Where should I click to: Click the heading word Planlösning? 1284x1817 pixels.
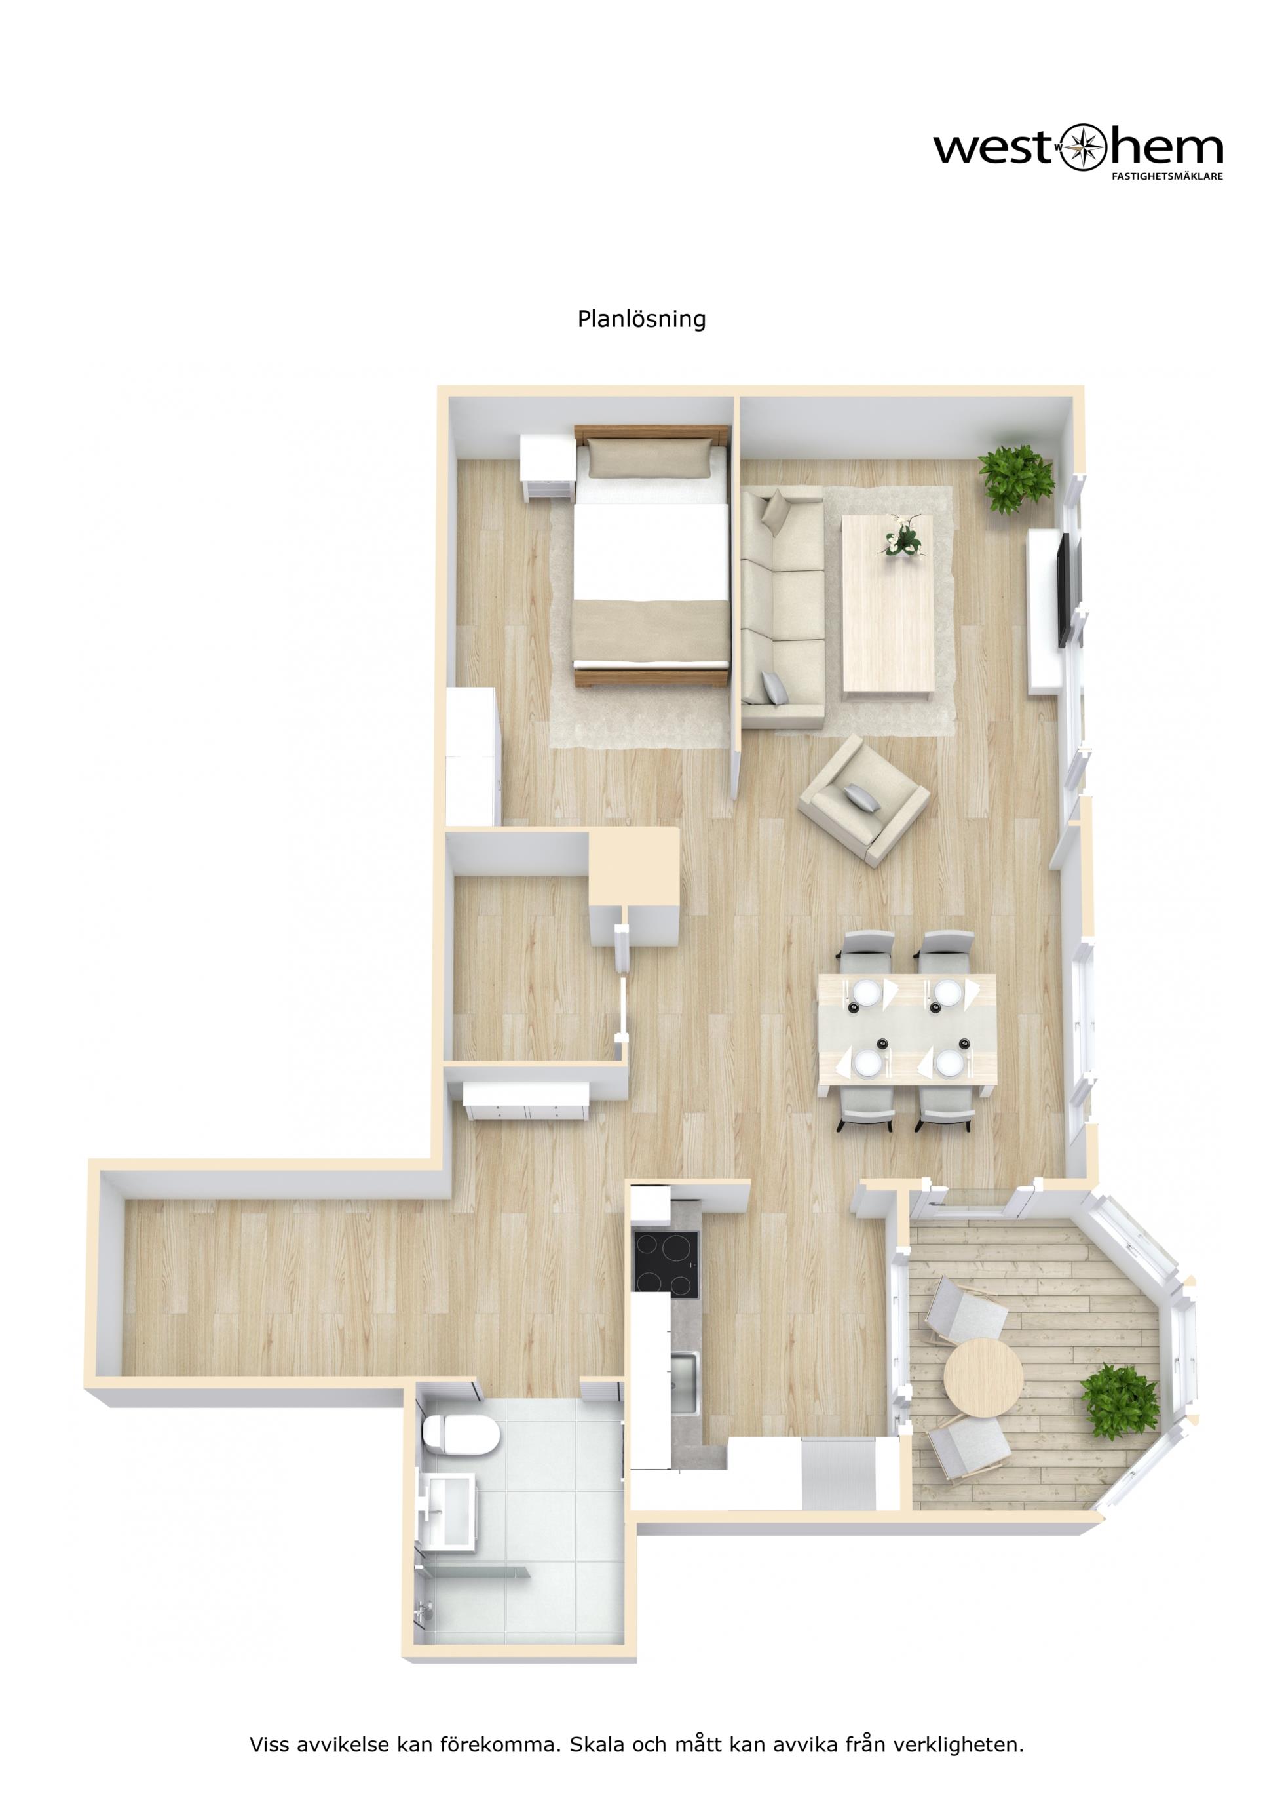(x=641, y=320)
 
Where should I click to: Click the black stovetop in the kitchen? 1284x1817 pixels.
(x=666, y=1264)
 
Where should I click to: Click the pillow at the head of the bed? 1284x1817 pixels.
(x=647, y=458)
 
